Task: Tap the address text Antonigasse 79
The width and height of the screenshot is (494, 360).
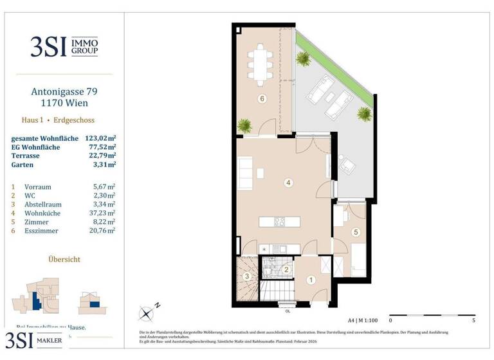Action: [x=64, y=92]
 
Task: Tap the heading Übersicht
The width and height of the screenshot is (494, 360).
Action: [x=64, y=259]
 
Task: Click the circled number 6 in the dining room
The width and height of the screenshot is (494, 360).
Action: [x=261, y=99]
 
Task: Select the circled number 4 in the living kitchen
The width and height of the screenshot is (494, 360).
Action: [x=289, y=183]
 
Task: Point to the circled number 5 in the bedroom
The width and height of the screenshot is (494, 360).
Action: [x=354, y=232]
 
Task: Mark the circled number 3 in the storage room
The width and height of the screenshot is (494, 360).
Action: [x=248, y=277]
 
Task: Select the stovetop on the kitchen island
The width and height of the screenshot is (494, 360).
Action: [x=280, y=222]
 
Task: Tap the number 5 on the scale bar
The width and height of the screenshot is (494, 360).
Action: [x=474, y=319]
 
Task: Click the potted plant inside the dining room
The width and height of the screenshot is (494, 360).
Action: [x=244, y=125]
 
